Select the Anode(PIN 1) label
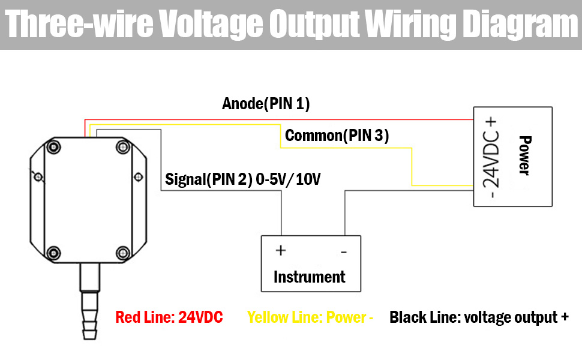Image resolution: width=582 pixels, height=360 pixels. tap(266, 104)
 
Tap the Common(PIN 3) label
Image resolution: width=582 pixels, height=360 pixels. tap(337, 136)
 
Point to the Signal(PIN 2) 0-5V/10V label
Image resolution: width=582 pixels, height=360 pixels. tap(242, 179)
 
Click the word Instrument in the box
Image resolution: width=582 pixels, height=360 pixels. tap(309, 277)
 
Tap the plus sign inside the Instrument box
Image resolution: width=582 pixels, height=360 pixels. tap(280, 250)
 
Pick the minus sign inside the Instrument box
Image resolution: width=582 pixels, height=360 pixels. tap(343, 252)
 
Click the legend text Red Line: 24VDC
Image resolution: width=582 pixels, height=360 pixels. tap(169, 317)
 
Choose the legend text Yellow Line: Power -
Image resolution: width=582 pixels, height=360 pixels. tap(310, 317)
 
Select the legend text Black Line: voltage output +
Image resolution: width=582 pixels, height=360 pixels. tap(479, 317)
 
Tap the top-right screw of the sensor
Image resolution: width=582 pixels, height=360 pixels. tap(123, 147)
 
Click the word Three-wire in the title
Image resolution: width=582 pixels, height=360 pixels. tap(76, 25)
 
